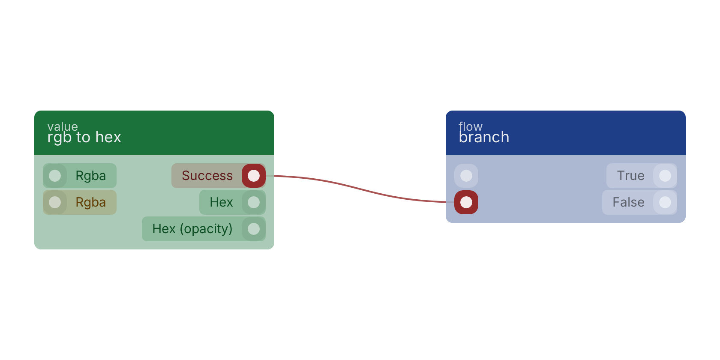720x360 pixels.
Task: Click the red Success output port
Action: pyautogui.click(x=254, y=176)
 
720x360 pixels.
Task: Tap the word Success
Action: pyautogui.click(x=207, y=176)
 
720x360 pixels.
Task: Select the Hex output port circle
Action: pyautogui.click(x=254, y=202)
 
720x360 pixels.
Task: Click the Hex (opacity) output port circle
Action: pyautogui.click(x=254, y=229)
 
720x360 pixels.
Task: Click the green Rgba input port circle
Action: pyautogui.click(x=55, y=176)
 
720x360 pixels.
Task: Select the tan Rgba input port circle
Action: pyautogui.click(x=55, y=202)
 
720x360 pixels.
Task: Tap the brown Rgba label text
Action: pyautogui.click(x=91, y=202)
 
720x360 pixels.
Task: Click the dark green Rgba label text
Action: pyautogui.click(x=91, y=176)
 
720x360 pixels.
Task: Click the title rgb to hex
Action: pyautogui.click(x=84, y=138)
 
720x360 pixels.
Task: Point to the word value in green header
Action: pyautogui.click(x=63, y=126)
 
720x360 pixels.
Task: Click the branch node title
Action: pyautogui.click(x=484, y=137)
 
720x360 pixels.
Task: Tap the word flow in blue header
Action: pyautogui.click(x=471, y=126)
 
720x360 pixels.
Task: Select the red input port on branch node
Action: pyautogui.click(x=466, y=202)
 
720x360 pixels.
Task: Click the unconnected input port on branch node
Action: pyautogui.click(x=466, y=176)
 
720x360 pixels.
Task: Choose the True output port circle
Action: pyautogui.click(x=665, y=176)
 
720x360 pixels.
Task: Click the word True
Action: pyautogui.click(x=631, y=176)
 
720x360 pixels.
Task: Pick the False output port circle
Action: pyautogui.click(x=665, y=202)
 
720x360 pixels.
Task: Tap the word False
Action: pyautogui.click(x=628, y=202)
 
